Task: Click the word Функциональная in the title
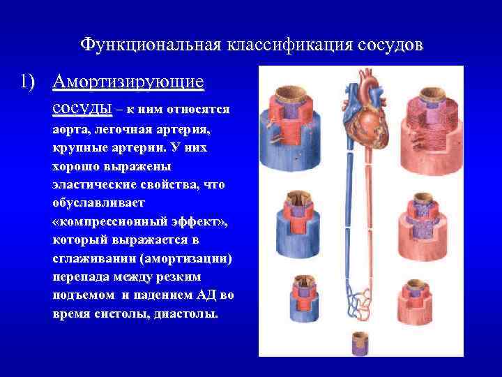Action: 149,45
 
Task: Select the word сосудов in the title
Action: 381,45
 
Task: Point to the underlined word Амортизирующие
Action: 128,83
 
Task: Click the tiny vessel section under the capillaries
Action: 359,343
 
